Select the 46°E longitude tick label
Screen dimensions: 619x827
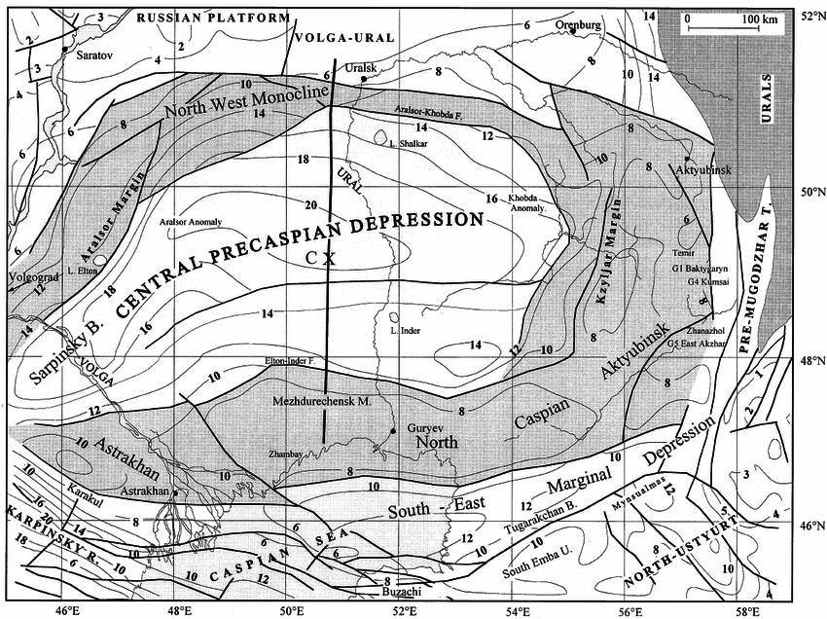tap(66, 610)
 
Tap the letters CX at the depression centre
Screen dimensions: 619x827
tap(319, 258)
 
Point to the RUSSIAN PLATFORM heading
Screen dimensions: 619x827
tap(213, 18)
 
